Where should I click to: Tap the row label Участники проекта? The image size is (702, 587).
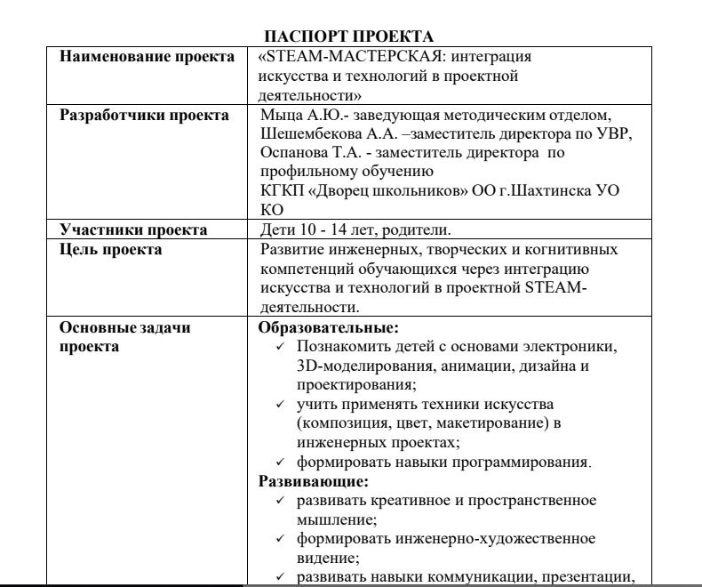click(120, 230)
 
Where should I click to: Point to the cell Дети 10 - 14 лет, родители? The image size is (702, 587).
click(340, 230)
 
